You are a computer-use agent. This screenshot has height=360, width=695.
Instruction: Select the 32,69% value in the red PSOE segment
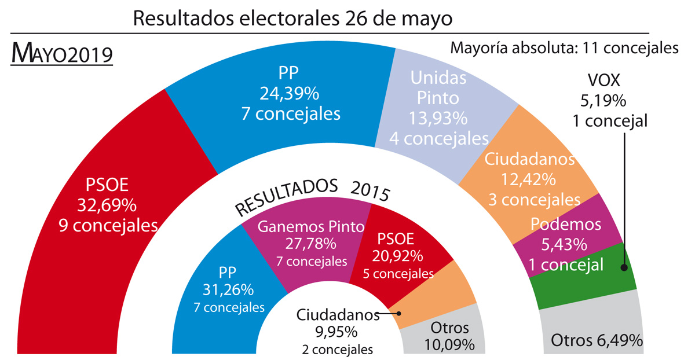[x=107, y=204]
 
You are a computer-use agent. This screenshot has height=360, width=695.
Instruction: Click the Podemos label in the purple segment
[x=558, y=225]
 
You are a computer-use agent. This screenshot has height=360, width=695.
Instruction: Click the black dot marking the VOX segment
[x=624, y=267]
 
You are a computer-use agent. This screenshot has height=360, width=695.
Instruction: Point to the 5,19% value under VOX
[x=602, y=102]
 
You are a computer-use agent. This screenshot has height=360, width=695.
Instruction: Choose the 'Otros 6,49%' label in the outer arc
[x=597, y=340]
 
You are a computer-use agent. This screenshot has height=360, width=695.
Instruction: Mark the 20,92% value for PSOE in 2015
[x=400, y=255]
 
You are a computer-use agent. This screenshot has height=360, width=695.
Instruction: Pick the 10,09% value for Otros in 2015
[x=449, y=345]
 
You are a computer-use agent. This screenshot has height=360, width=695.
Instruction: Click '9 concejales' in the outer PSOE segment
[x=108, y=225]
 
